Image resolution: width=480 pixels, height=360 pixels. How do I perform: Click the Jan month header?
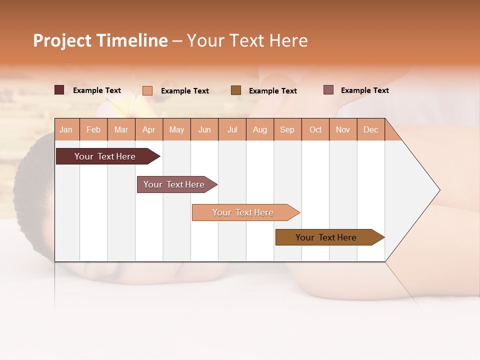coord(66,129)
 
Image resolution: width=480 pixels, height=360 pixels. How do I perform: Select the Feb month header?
coord(93,129)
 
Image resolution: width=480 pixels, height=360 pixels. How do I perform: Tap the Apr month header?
coord(148,129)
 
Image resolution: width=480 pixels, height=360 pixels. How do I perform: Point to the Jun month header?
coord(204,129)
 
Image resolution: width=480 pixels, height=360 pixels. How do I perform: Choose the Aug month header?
coord(259,129)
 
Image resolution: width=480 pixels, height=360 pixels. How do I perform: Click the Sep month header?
coord(287,129)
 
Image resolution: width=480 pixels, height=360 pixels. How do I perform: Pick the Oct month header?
coord(315,129)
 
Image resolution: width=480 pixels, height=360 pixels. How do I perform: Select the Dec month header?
coord(370,129)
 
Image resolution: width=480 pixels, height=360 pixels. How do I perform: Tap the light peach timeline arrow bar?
coord(244,212)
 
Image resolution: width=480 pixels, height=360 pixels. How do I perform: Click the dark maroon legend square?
coord(59,90)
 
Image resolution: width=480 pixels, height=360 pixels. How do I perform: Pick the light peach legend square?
coord(147,90)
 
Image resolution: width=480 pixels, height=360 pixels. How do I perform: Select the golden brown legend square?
coord(236,90)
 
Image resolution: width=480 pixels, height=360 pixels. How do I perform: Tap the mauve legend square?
coord(328,90)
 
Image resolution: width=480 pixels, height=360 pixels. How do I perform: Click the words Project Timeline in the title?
coord(100,40)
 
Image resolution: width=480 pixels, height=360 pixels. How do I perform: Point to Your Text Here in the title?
coord(247,40)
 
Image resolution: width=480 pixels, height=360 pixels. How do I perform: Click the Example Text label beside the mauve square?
coord(364,90)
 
